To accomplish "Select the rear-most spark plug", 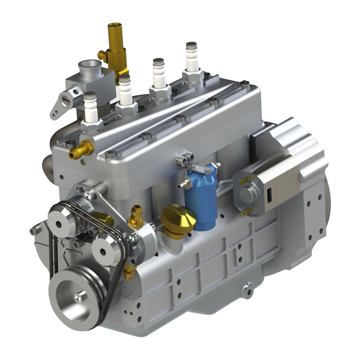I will (191, 59).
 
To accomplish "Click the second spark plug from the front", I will (125, 92).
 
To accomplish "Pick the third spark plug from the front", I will (158, 75).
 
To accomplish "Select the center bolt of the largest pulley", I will (77, 297).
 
